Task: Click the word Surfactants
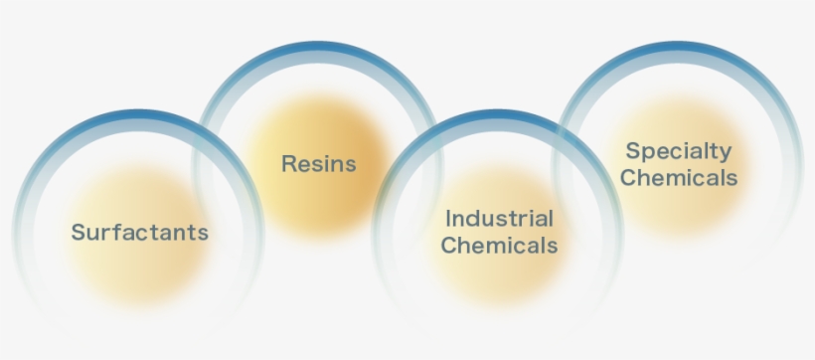point(140,232)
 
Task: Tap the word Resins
point(318,163)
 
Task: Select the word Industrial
point(499,218)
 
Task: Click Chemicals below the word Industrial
point(499,245)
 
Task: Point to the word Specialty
point(678,152)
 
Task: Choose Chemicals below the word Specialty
point(679,178)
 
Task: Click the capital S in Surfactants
point(78,232)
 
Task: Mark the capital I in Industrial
point(448,218)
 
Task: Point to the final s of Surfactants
point(203,233)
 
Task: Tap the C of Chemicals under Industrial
point(447,245)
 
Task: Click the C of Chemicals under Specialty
point(627,178)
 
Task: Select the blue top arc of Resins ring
point(318,48)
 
